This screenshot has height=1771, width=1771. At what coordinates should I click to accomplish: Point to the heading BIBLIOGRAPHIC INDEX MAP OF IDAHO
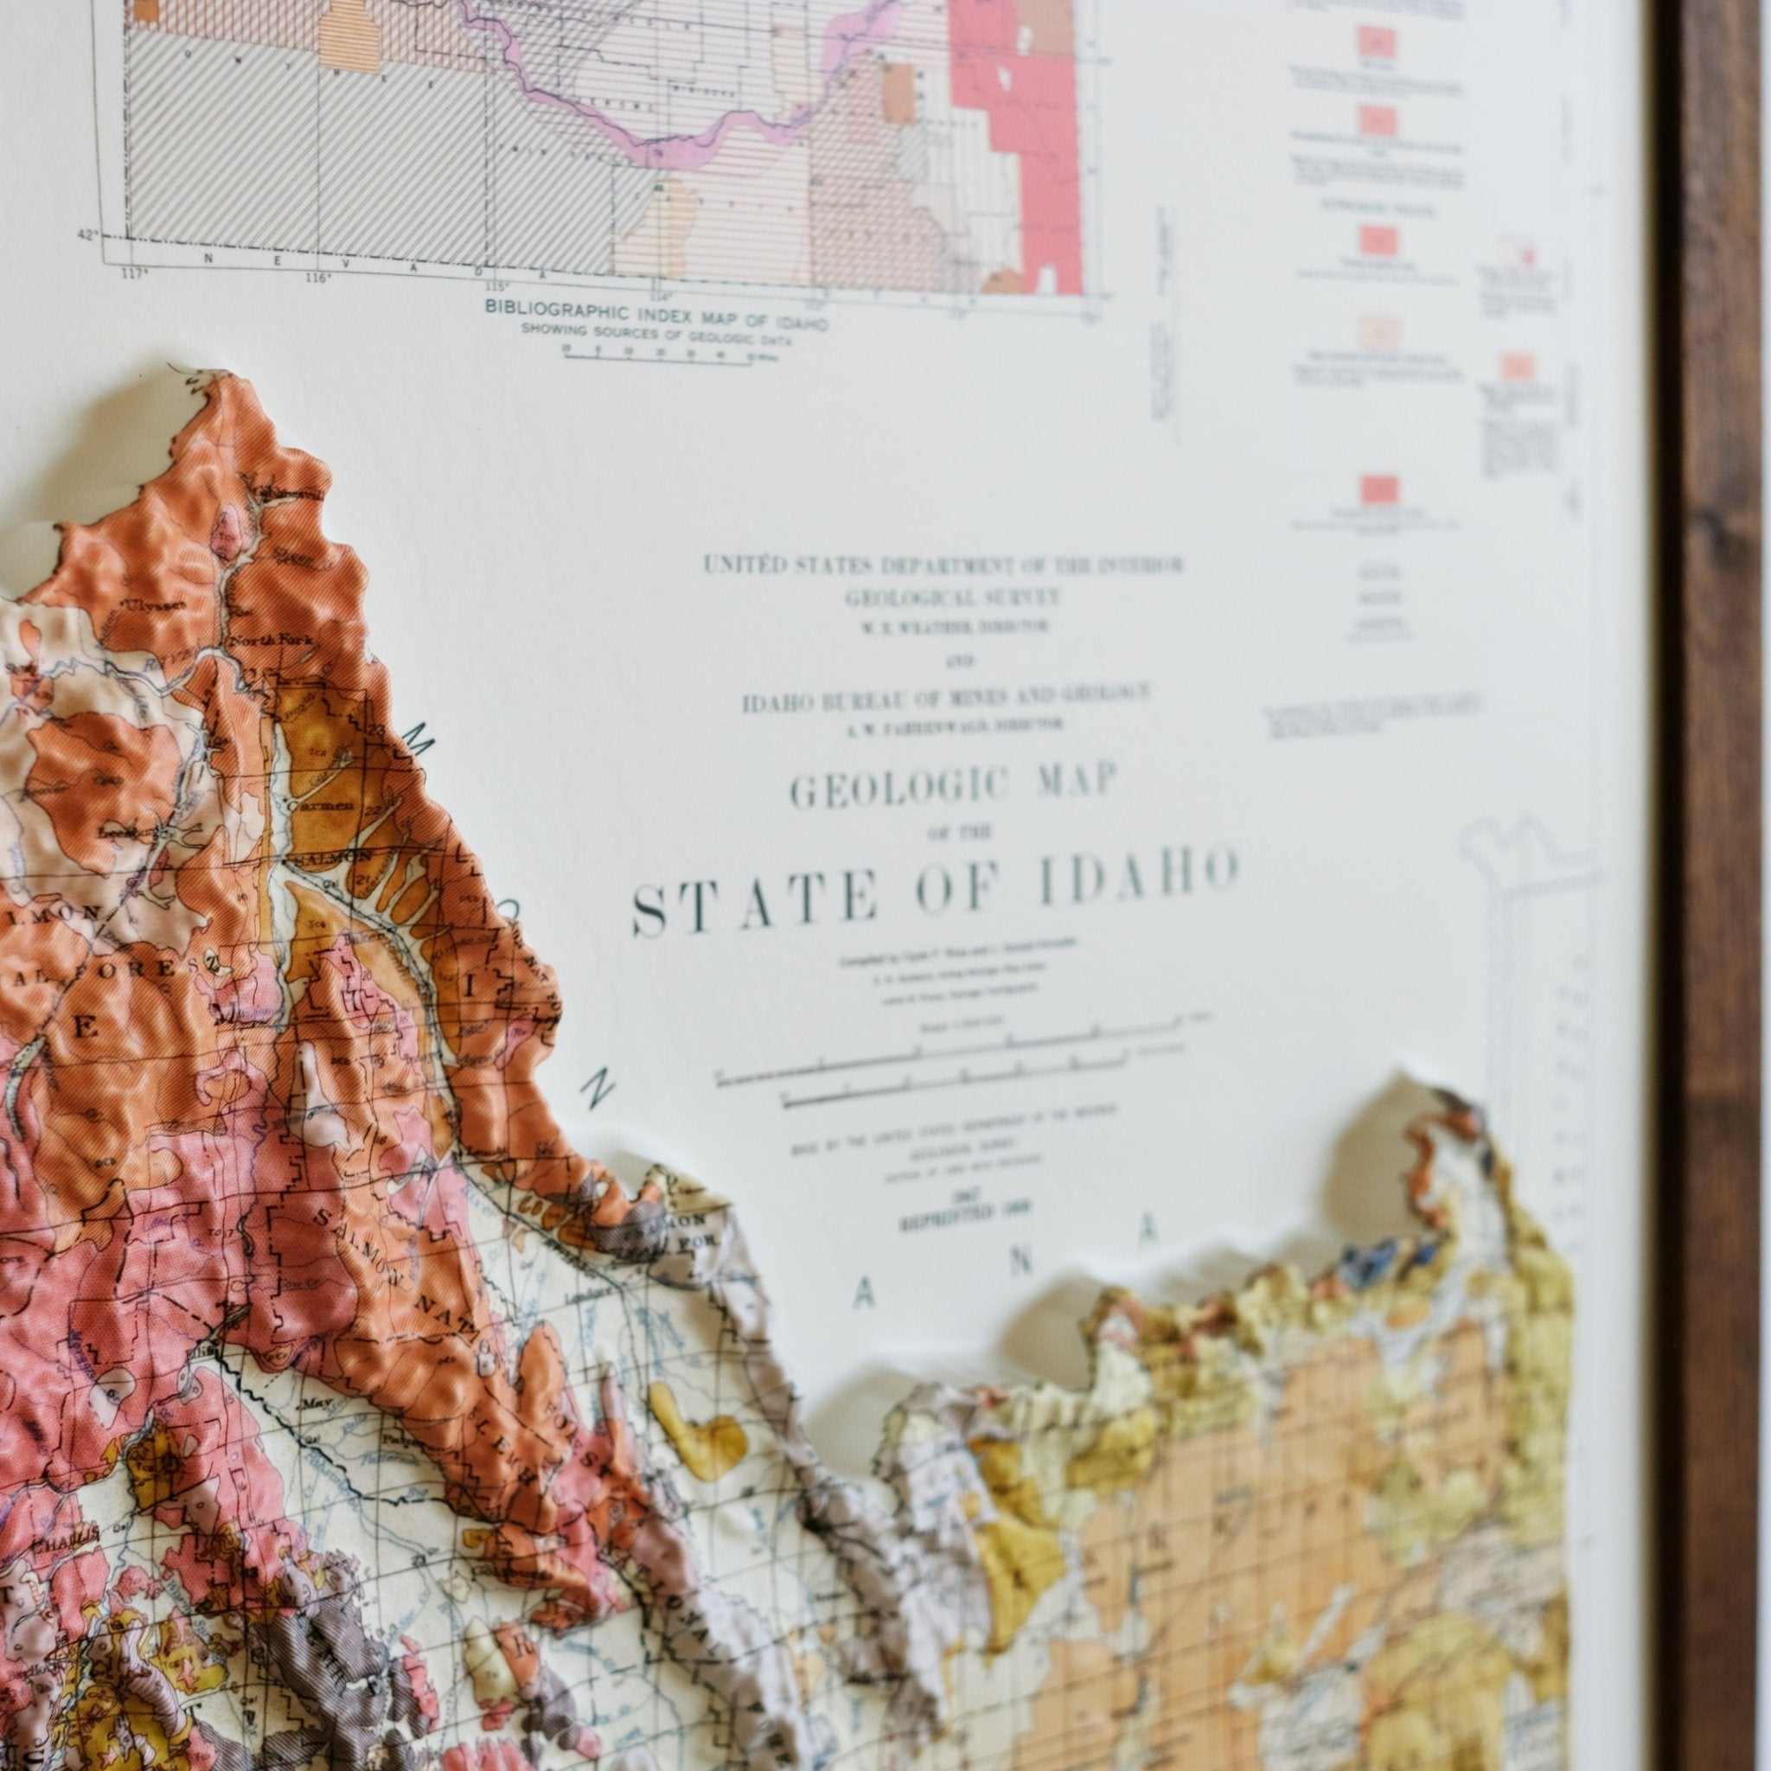tap(658, 310)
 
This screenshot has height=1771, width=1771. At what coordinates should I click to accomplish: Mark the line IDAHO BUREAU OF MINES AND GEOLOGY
tap(944, 700)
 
